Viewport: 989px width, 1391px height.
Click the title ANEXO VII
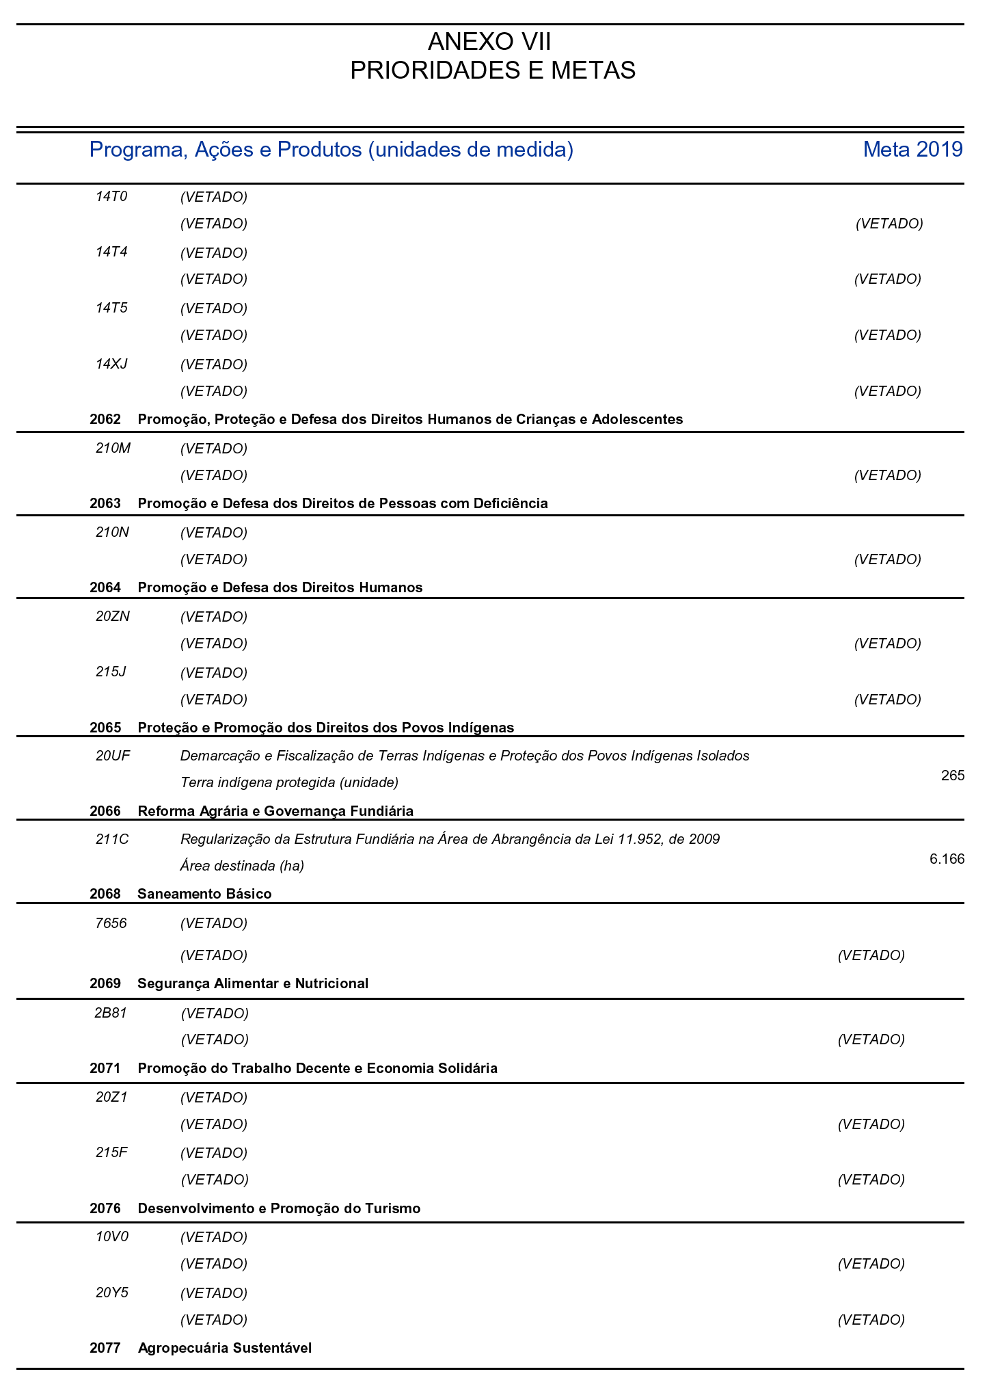pos(489,42)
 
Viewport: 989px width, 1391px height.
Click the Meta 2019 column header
pos(912,149)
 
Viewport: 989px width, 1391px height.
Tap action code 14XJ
pos(112,364)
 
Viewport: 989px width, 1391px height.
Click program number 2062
pos(105,419)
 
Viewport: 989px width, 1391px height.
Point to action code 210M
pos(113,449)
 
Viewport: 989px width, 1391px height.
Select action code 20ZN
pos(113,616)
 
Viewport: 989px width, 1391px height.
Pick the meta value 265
pos(952,776)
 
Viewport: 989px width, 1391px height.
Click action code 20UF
pos(113,756)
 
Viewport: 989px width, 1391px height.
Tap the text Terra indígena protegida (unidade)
pos(289,782)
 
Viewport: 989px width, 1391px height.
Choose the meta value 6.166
pos(947,859)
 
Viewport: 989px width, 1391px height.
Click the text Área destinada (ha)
pos(242,866)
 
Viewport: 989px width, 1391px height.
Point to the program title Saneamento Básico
pos(204,894)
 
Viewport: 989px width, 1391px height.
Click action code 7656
pos(111,923)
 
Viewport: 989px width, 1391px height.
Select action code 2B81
pos(111,1013)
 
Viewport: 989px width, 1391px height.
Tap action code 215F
pos(111,1152)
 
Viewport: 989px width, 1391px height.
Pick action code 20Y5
pos(112,1293)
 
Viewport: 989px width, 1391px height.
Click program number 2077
pos(105,1348)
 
